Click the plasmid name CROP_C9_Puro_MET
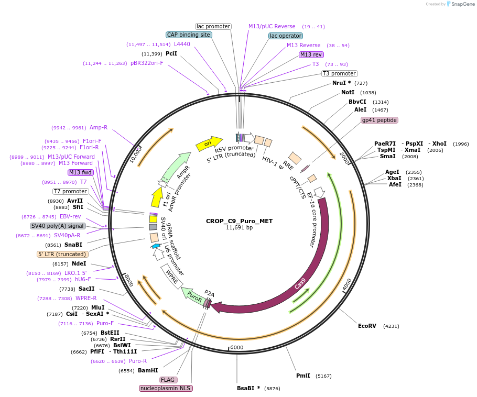[239, 221]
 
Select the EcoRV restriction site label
[367, 326]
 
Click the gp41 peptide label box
[380, 120]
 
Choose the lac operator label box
[286, 36]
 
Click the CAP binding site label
[189, 35]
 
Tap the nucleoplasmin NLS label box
[166, 388]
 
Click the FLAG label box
[168, 380]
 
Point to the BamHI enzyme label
[148, 370]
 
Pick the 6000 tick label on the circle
[237, 347]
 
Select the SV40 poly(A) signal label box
[58, 226]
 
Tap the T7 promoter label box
[71, 191]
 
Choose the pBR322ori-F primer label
[147, 63]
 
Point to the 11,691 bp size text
[239, 228]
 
